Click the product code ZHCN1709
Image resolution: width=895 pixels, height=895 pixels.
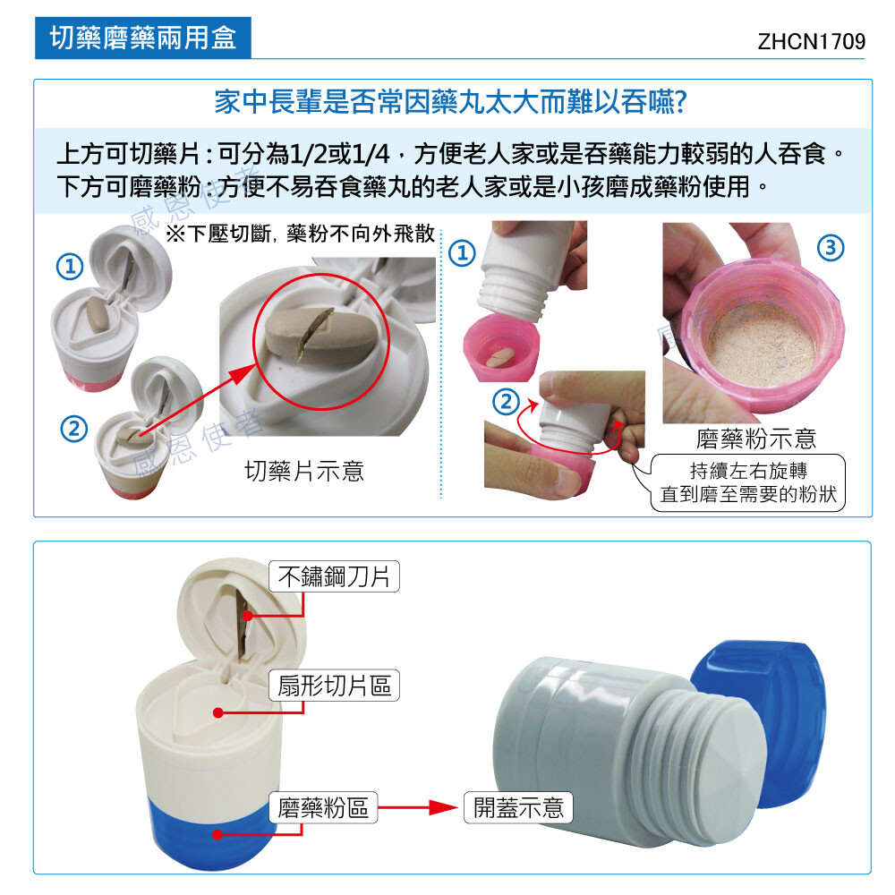(811, 41)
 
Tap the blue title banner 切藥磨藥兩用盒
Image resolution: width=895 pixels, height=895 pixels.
(142, 38)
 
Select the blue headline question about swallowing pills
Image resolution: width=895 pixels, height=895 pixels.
(450, 103)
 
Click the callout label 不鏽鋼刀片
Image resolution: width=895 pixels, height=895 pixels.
(334, 576)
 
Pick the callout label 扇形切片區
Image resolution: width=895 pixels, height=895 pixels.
(334, 685)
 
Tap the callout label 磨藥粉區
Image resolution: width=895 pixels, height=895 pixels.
(323, 807)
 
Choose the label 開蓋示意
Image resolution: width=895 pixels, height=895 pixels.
(518, 807)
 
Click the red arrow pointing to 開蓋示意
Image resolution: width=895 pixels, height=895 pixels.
(418, 807)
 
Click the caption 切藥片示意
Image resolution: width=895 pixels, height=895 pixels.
(304, 471)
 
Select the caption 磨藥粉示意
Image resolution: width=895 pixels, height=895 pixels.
(755, 439)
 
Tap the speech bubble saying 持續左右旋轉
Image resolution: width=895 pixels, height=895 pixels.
(747, 482)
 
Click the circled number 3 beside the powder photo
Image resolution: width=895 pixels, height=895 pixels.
(831, 248)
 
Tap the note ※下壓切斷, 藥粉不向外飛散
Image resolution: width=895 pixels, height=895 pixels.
(301, 234)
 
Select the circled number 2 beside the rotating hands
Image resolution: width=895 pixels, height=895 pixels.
(506, 403)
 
